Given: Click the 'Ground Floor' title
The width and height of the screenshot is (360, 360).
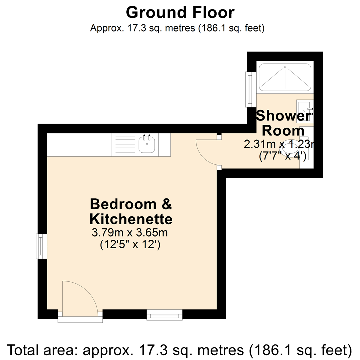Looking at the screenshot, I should (180, 13).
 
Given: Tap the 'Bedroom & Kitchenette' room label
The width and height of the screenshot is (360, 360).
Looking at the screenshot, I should (131, 212).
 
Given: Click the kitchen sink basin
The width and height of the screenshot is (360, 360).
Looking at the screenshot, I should (147, 145).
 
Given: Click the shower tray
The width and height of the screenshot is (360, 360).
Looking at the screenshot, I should (285, 77).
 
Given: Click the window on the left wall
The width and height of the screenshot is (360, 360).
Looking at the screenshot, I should (42, 246).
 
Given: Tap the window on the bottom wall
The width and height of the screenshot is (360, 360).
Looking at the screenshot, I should (165, 314).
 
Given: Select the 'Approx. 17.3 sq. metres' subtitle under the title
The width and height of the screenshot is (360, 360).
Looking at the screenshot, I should (177, 28).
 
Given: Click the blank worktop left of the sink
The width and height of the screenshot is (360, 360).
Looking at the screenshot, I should (79, 145).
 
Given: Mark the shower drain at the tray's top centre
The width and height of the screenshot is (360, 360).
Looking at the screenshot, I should (285, 67).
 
